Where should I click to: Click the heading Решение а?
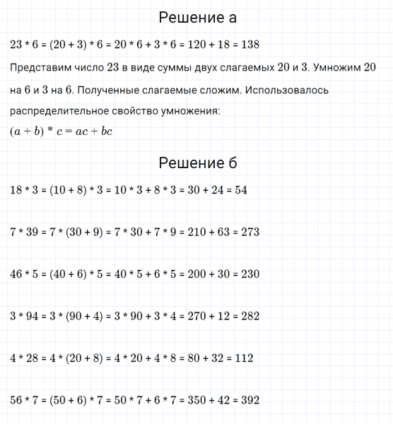[197, 17]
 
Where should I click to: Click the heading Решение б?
[197, 163]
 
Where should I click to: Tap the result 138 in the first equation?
[250, 45]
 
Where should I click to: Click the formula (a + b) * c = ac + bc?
[63, 132]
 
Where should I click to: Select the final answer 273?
[250, 232]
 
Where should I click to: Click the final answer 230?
[249, 273]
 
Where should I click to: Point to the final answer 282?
[250, 316]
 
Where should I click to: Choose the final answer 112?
[242, 358]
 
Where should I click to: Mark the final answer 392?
[250, 400]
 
